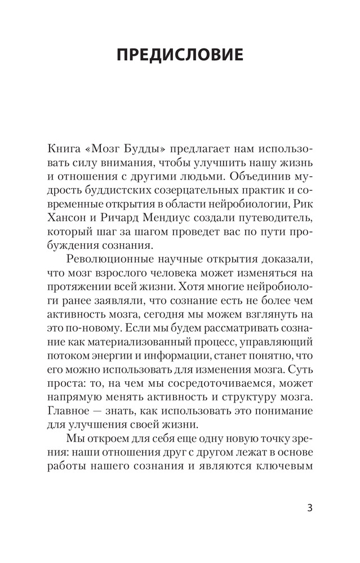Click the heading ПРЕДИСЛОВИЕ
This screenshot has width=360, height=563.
[x=180, y=55]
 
